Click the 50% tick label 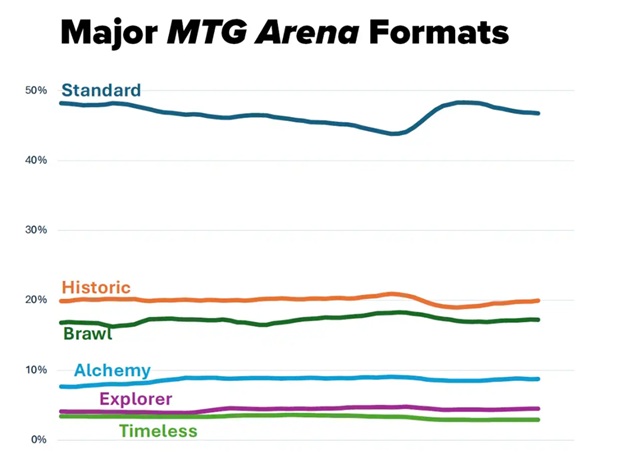pos(37,91)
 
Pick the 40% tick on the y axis pos(37,161)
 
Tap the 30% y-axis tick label pos(37,231)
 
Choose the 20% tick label pos(37,301)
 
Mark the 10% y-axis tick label pos(37,370)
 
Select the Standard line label pos(100,91)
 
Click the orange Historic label pos(96,287)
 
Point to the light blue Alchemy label pos(111,370)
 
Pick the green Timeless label pos(158,431)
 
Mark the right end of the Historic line pos(539,300)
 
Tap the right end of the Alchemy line pos(539,379)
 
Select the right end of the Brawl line pos(539,319)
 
